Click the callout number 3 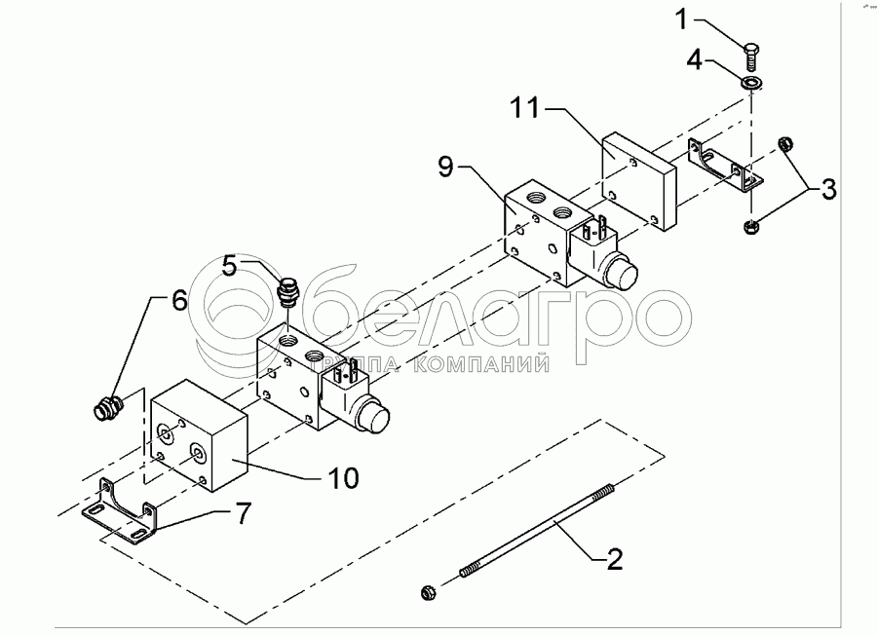pos(827,189)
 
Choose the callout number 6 pos(179,300)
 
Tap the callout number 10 pos(343,477)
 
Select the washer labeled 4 pos(750,83)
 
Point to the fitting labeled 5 pos(287,291)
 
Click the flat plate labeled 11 pos(639,181)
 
